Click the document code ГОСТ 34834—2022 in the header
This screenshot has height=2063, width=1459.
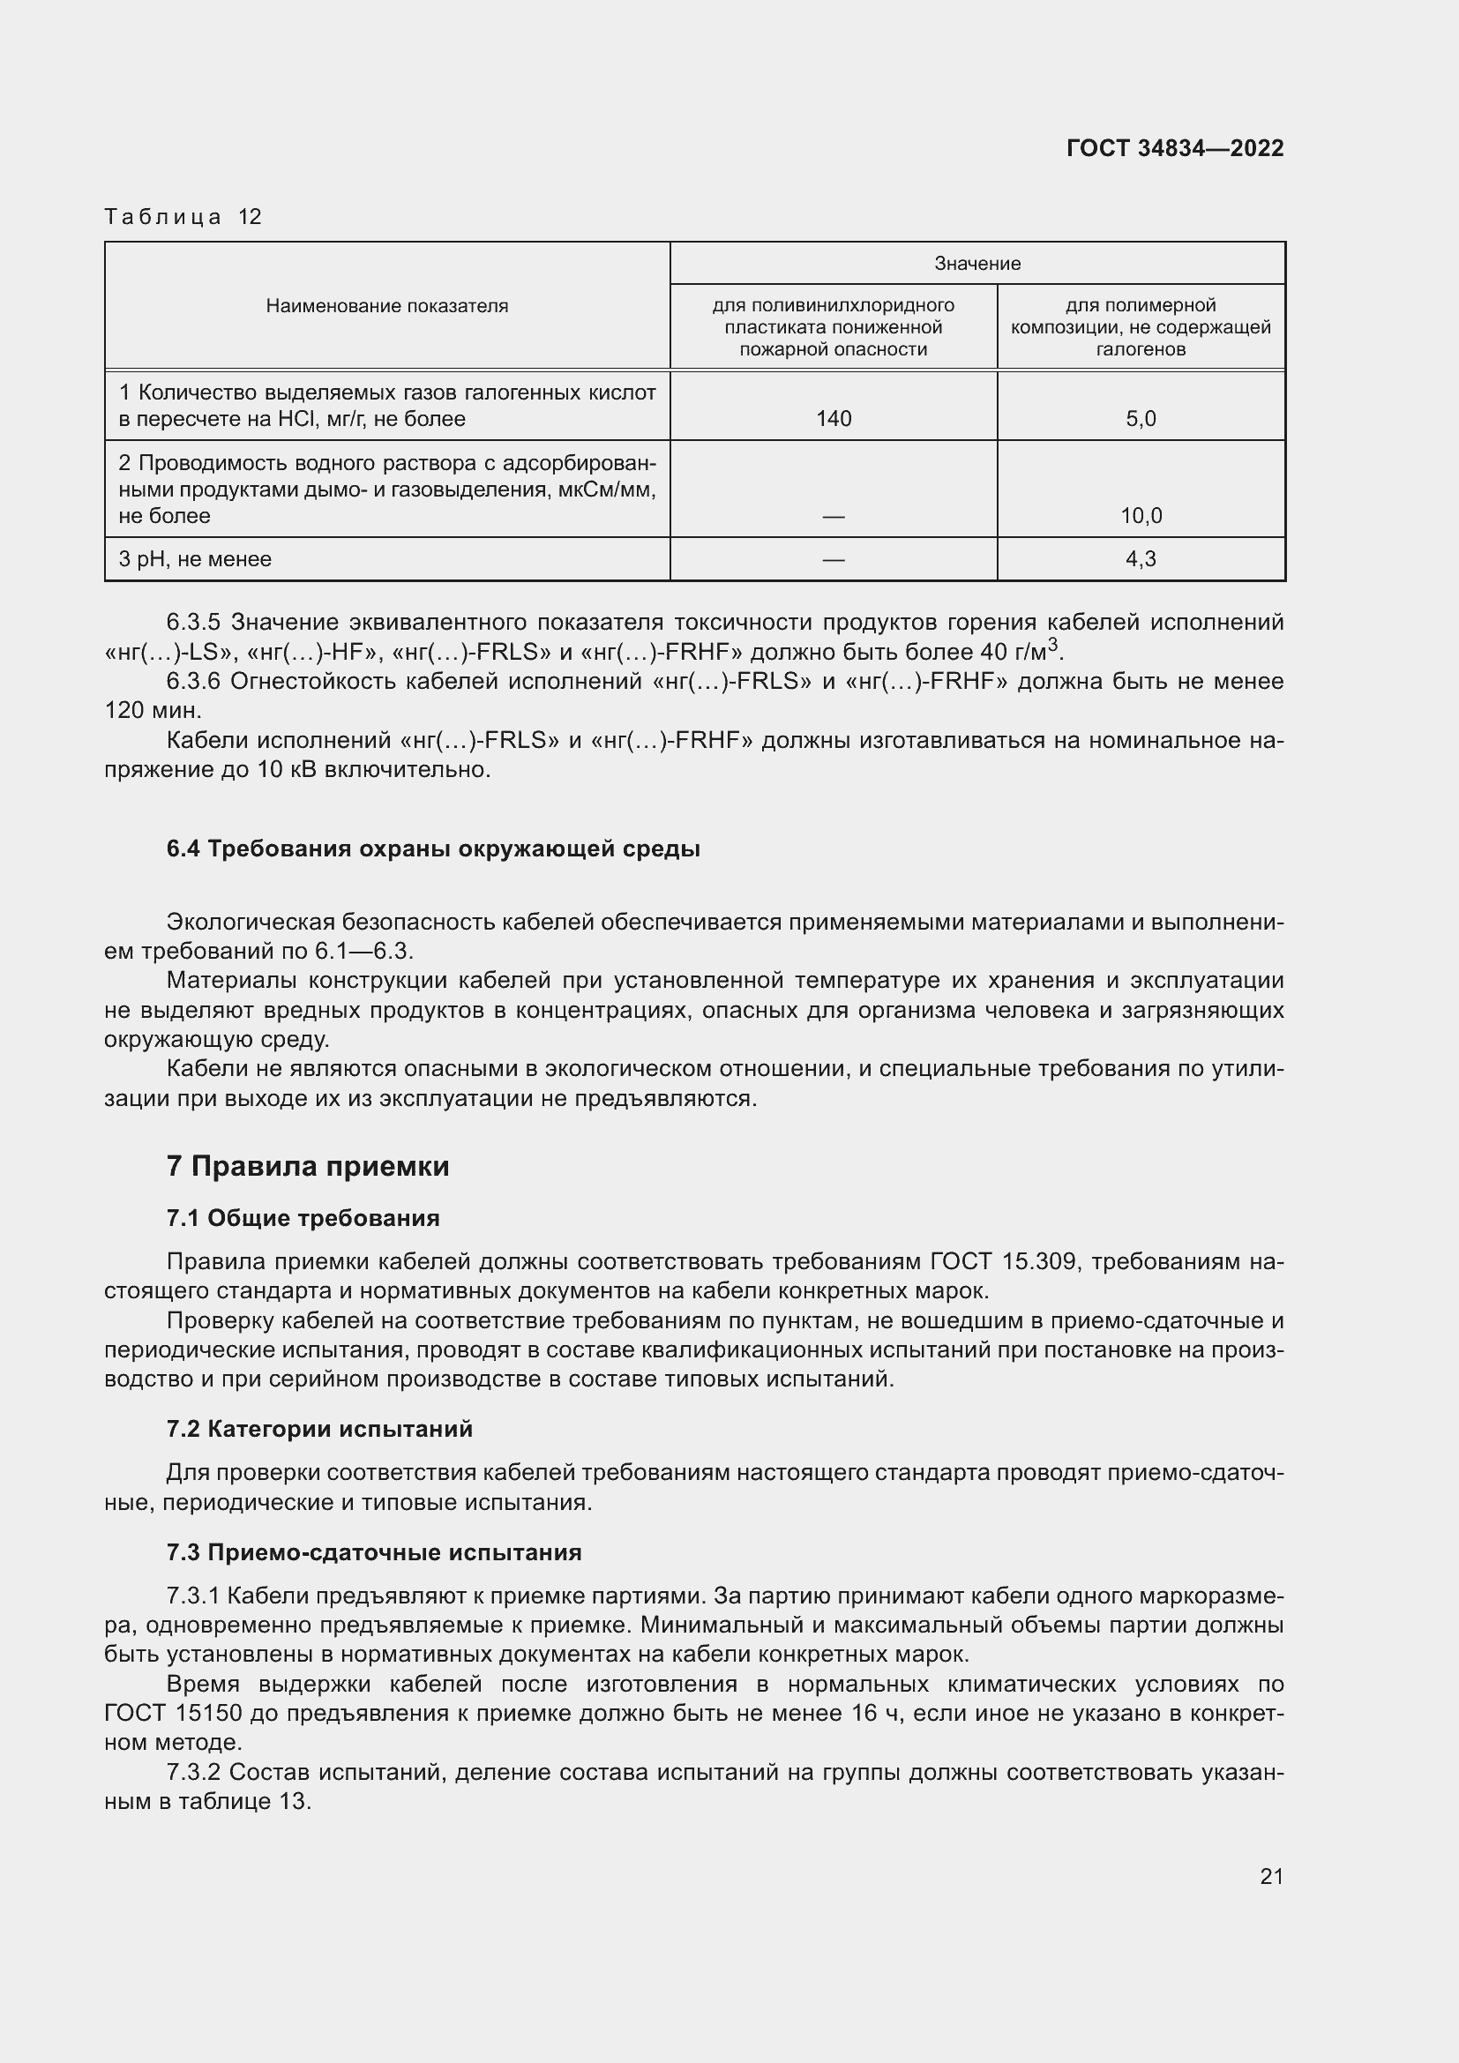1174,148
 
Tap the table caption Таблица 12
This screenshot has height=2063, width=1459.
183,217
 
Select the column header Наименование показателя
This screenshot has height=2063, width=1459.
386,306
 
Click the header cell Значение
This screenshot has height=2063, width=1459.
976,263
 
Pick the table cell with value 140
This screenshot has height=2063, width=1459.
833,419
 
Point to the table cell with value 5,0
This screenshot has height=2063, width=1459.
1140,419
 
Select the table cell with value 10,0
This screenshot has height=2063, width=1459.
1140,516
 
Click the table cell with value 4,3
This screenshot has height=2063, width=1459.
1140,559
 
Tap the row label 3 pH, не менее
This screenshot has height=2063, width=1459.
195,559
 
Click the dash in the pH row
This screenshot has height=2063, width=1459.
833,560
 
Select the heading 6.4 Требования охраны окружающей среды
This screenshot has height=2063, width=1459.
433,849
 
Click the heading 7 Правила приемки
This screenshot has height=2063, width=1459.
307,1166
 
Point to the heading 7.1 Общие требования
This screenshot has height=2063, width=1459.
303,1218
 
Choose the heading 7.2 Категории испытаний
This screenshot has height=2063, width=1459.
319,1430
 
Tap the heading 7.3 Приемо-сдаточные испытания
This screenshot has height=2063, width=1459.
374,1552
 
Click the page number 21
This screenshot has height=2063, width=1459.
1271,1876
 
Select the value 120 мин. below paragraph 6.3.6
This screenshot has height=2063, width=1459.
153,711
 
